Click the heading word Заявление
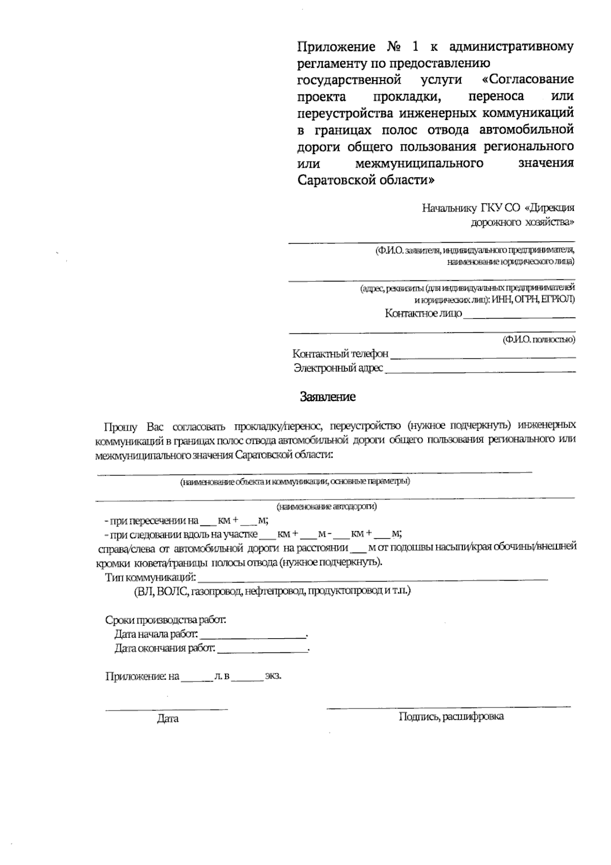[327, 397]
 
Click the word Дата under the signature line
[168, 719]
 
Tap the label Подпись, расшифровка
[451, 717]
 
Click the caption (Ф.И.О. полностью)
[539, 339]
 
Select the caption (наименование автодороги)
[327, 507]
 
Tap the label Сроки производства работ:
[165, 620]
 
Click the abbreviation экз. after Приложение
[273, 676]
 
